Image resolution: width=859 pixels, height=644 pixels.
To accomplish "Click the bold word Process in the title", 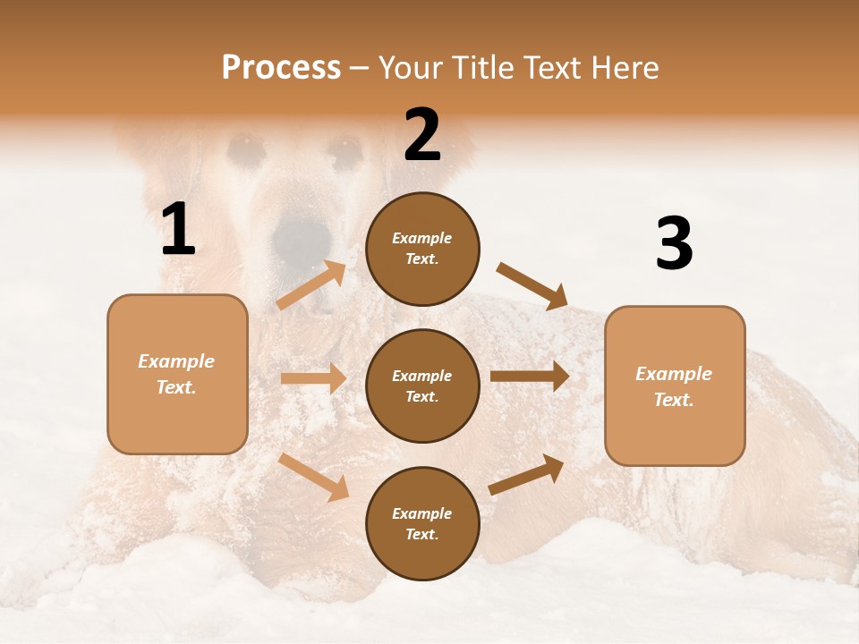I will click(x=281, y=68).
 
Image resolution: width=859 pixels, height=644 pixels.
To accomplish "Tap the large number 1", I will click(x=178, y=230).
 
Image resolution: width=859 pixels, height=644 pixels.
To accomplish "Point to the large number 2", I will click(x=422, y=135).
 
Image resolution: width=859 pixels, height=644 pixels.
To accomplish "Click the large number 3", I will click(x=674, y=244).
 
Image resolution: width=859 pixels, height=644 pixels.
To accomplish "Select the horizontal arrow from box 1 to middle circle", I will click(x=313, y=378).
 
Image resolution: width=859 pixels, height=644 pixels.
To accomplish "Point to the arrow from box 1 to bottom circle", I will click(x=314, y=477).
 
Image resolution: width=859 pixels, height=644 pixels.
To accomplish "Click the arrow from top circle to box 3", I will click(x=532, y=285).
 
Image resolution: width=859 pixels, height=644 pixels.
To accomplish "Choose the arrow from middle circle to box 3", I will click(x=530, y=376).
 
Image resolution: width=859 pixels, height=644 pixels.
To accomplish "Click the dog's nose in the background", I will click(x=302, y=236).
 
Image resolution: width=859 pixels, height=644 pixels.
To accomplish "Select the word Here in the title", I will click(x=625, y=68).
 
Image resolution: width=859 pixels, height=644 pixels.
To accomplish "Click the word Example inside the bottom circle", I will click(x=421, y=513).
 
